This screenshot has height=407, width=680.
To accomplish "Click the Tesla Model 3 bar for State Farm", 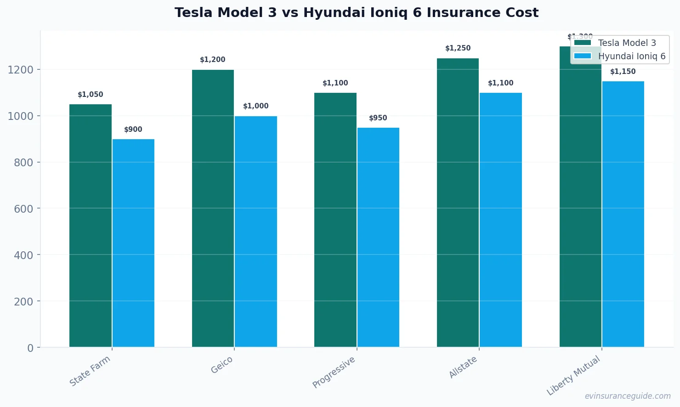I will tap(91, 225).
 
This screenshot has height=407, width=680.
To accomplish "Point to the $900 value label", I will tap(133, 130).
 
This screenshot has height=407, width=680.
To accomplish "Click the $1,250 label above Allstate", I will tap(458, 48).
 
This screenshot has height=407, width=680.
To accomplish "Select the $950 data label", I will tap(378, 118).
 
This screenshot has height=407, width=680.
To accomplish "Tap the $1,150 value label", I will tap(623, 72).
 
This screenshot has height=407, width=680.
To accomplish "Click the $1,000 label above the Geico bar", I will tap(256, 106).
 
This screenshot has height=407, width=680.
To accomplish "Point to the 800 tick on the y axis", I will tap(24, 162).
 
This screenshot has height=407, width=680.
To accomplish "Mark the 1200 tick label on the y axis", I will tap(21, 70).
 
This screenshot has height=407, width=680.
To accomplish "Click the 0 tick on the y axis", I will tap(30, 348).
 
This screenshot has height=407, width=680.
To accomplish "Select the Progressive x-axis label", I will tap(334, 372).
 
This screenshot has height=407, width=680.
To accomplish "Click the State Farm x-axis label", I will tap(90, 371).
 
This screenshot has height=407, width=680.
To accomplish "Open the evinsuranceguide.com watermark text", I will tap(628, 396).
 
